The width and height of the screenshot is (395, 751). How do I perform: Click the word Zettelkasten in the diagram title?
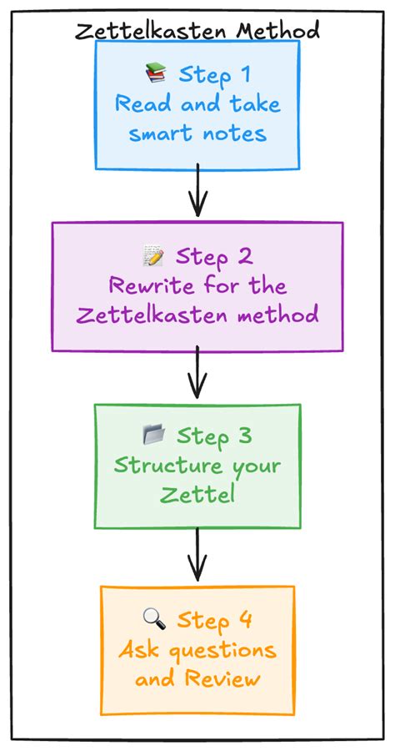click(x=153, y=31)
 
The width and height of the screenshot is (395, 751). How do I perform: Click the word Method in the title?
click(x=278, y=31)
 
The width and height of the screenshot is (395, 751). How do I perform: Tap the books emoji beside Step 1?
click(x=156, y=75)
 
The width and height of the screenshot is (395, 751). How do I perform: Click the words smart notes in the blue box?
click(x=197, y=134)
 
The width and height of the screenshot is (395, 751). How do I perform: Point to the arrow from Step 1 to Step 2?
click(x=197, y=191)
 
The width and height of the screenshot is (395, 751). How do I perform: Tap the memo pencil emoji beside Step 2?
click(x=152, y=256)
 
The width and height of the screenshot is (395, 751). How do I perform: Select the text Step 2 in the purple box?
click(x=213, y=256)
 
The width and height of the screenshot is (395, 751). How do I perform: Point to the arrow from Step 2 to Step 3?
click(x=197, y=372)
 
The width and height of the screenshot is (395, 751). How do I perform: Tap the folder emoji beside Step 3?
click(x=154, y=436)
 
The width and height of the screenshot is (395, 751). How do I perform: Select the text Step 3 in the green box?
click(x=214, y=436)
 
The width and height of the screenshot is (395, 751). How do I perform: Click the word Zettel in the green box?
click(x=197, y=495)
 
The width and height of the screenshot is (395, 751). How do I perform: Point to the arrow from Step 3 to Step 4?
click(x=197, y=554)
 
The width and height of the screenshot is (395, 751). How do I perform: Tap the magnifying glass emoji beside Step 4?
click(x=155, y=619)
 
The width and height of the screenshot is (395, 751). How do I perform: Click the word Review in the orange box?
click(x=223, y=678)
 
